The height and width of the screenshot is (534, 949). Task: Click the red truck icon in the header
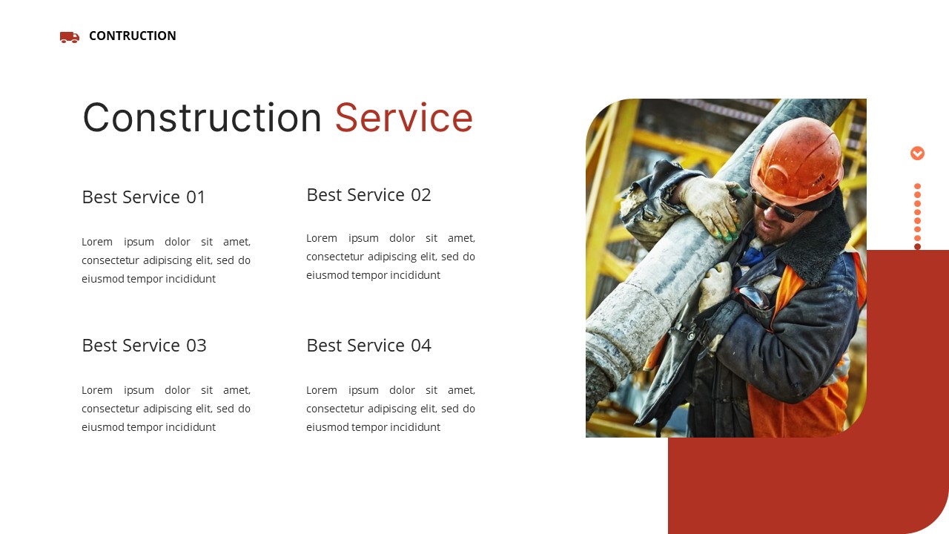[69, 37]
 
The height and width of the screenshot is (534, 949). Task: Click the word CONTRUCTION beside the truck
[133, 36]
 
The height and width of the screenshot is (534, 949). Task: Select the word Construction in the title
[202, 118]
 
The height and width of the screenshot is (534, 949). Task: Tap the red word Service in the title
[403, 118]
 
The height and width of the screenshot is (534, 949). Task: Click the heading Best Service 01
[144, 197]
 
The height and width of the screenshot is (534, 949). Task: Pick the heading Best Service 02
[368, 195]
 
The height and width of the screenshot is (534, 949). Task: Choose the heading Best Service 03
[144, 346]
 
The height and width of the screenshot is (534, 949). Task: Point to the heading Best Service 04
[368, 346]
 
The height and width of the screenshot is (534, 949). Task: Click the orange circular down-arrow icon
[917, 154]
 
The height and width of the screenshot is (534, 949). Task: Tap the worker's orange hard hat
[796, 159]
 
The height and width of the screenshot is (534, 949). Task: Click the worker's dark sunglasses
[778, 208]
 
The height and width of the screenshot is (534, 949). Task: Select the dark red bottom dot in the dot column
[917, 247]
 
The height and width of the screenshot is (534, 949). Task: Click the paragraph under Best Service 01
[166, 260]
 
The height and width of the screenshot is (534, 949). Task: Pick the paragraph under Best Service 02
[391, 257]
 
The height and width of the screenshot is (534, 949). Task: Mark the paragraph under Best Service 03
[166, 409]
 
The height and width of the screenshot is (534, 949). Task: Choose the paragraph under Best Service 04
[391, 409]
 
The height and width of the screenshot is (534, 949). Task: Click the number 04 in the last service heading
[420, 346]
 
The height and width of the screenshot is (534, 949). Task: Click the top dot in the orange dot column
[917, 187]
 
